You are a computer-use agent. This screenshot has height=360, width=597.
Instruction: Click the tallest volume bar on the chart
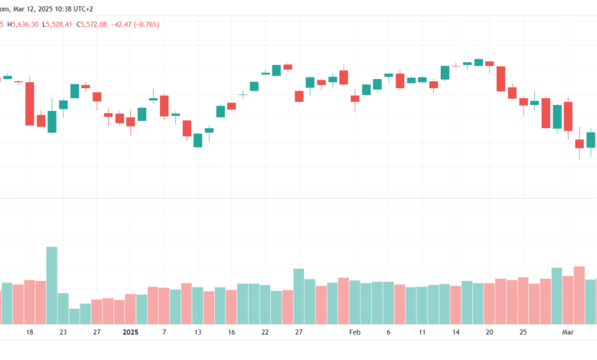point(52,285)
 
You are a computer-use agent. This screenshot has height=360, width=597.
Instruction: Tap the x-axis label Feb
point(354,332)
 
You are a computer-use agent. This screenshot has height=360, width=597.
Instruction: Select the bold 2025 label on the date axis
point(130,332)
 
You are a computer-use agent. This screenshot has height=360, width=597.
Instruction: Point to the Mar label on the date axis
point(568,332)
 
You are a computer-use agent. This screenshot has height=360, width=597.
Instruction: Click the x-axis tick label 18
point(30,332)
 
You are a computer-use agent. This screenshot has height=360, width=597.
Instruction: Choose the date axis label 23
point(63,332)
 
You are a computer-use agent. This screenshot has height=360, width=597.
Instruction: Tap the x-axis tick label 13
point(197,332)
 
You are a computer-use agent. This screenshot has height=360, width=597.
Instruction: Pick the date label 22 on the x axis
point(265,332)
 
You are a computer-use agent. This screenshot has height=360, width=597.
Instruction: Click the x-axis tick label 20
point(490,332)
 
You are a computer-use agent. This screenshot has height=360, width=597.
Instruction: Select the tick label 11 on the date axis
point(422,332)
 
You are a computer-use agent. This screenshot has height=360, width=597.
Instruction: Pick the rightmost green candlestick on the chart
point(590,139)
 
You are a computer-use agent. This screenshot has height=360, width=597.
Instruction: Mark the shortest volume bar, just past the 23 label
point(74,316)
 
